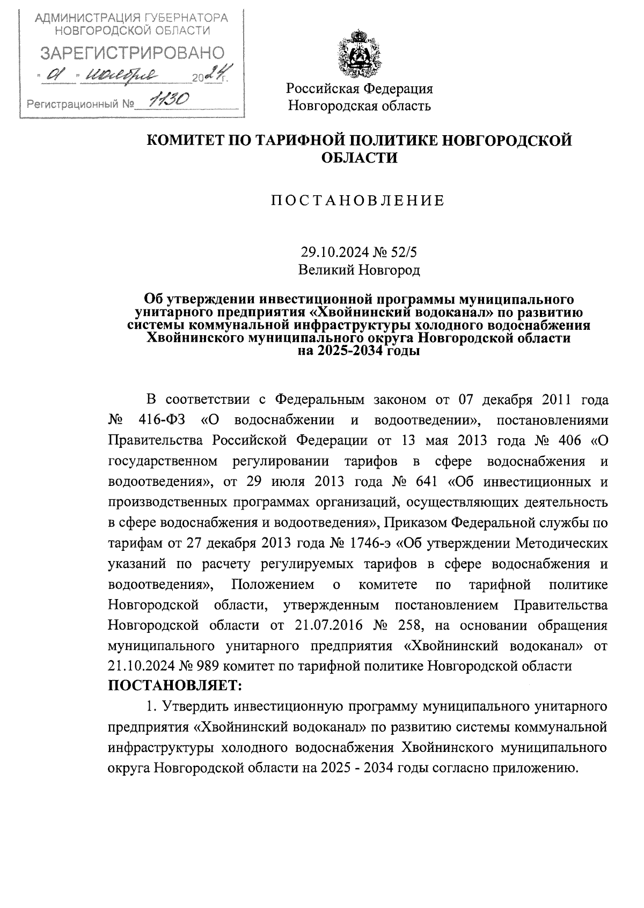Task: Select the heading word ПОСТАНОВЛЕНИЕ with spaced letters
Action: pyautogui.click(x=358, y=201)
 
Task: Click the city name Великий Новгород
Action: pyautogui.click(x=359, y=270)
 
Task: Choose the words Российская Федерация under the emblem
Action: pyautogui.click(x=359, y=89)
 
